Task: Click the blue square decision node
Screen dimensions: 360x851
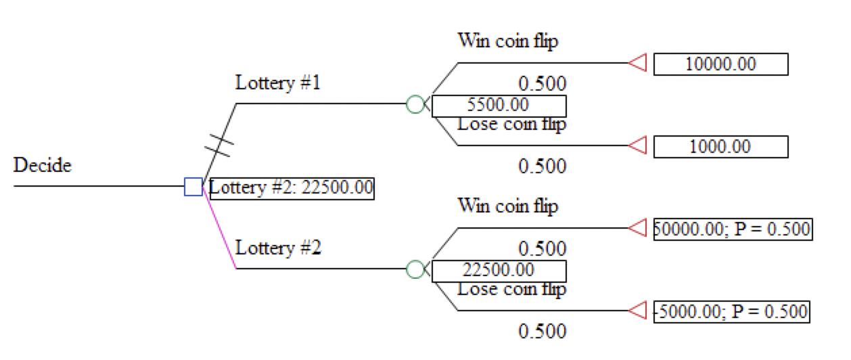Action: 193,186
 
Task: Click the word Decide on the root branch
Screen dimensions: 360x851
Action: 43,165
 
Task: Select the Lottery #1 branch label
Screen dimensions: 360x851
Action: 277,83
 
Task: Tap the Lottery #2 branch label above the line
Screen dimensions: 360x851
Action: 277,248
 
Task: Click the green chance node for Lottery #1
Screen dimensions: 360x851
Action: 415,104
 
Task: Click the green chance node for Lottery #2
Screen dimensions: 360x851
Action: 415,269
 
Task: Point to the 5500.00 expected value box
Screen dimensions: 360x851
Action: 499,106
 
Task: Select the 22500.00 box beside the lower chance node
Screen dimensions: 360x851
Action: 499,271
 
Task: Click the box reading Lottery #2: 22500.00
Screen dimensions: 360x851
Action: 292,187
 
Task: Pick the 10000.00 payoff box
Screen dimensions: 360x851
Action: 720,64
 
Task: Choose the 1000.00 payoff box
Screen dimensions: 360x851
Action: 720,147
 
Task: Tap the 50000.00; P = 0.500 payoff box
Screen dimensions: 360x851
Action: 733,229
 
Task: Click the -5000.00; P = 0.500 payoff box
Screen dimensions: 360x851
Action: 731,311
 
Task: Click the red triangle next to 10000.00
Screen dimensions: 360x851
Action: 638,63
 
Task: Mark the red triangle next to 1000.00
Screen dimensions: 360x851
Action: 638,145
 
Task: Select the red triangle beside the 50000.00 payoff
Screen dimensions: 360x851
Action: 638,228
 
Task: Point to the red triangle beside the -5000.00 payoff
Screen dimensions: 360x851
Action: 638,311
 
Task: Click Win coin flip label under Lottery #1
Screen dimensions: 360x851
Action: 508,41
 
